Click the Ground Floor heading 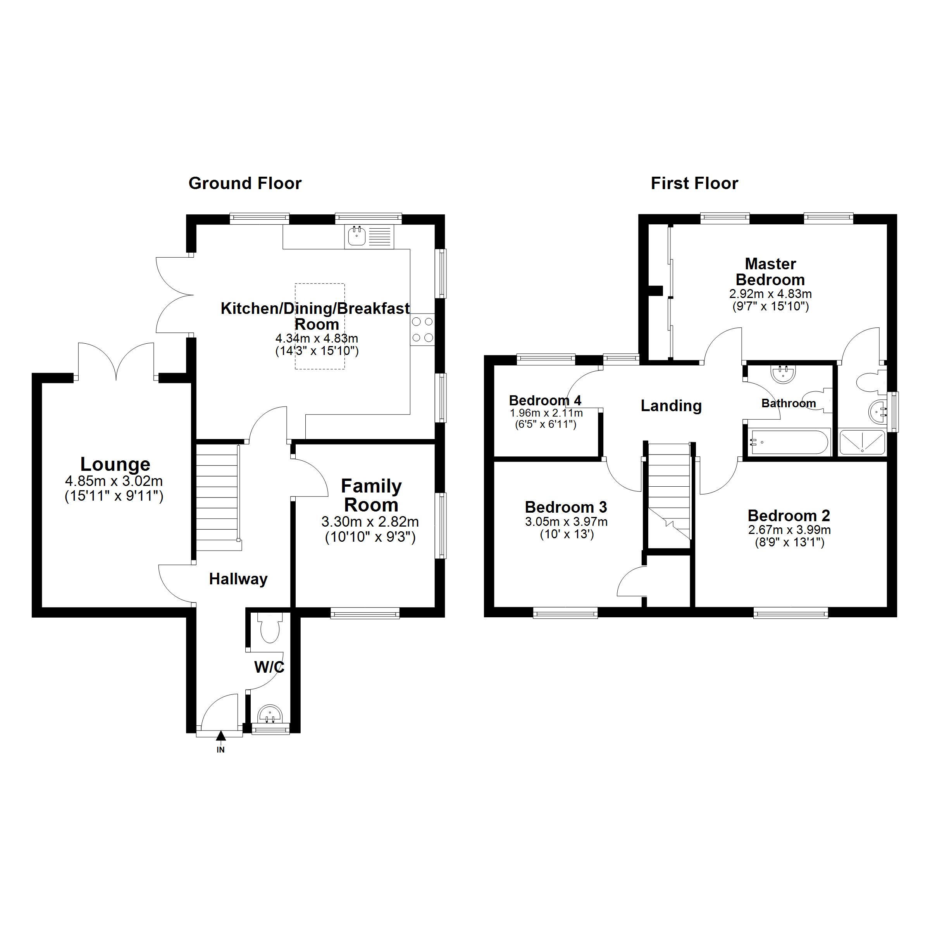[245, 183]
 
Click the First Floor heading [694, 183]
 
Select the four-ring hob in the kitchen [422, 329]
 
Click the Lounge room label [115, 465]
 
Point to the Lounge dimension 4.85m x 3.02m [114, 481]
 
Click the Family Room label [371, 496]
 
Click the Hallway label [238, 579]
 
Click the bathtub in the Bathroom [788, 442]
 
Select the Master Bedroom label [770, 272]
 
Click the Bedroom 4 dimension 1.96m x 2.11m [546, 413]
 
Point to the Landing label [671, 406]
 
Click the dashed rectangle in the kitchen [320, 326]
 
